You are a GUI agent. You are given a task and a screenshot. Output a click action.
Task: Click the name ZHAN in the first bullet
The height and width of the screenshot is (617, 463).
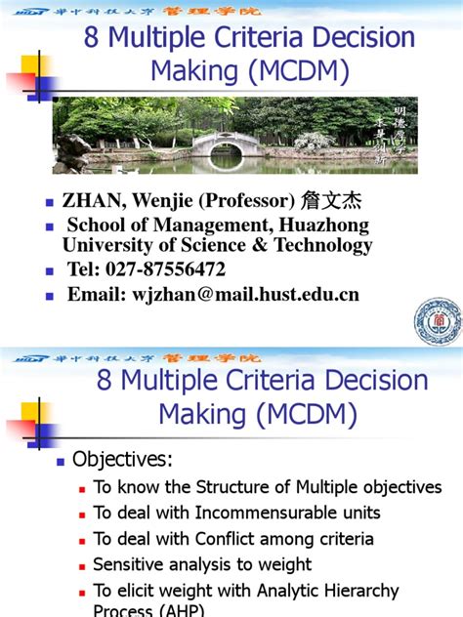(89, 201)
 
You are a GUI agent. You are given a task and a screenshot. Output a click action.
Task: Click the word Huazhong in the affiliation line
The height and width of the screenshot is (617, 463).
(328, 226)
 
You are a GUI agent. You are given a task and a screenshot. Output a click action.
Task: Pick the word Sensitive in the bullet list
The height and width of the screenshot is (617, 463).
(130, 564)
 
